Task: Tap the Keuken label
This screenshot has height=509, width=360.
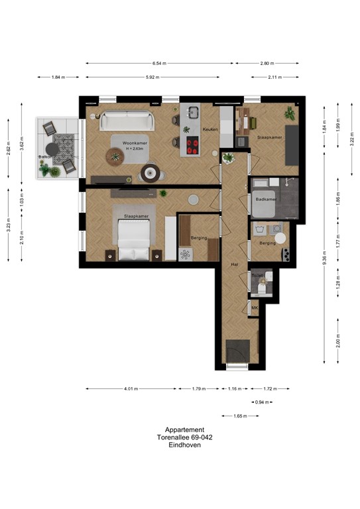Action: (210, 130)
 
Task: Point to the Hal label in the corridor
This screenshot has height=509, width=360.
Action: (233, 264)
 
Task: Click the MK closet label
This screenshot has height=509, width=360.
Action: (255, 308)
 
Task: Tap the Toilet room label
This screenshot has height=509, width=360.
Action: (258, 274)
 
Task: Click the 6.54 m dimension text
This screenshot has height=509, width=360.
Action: (159, 64)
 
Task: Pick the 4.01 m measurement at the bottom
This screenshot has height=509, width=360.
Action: (131, 389)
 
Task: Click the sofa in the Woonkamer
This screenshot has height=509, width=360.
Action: (127, 121)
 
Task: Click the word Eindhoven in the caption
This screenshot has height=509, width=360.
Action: (185, 445)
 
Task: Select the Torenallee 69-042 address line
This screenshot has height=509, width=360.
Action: (185, 437)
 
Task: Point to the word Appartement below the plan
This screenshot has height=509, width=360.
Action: (185, 429)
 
